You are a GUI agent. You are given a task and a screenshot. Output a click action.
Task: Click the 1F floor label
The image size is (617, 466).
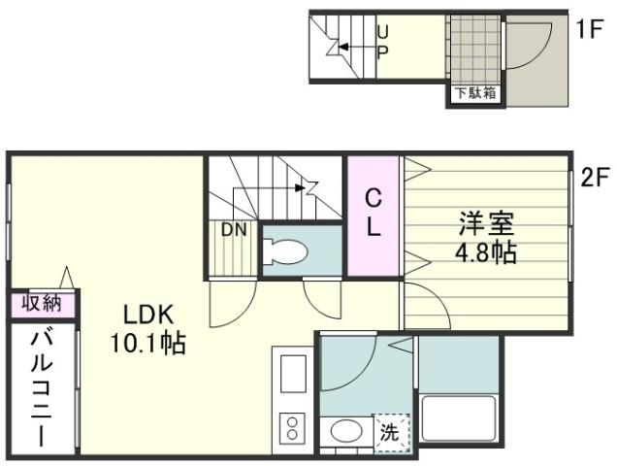click(x=589, y=29)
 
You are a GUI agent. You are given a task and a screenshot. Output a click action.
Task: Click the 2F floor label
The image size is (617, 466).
click(x=594, y=179)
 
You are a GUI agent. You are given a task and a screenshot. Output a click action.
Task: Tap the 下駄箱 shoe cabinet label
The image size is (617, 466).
click(x=475, y=93)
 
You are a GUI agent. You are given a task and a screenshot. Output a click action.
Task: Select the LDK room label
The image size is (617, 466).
click(x=146, y=316)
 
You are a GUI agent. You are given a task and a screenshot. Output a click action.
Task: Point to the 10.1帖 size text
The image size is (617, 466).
click(x=146, y=343)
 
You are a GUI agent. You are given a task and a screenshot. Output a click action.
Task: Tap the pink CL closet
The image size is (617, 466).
click(x=373, y=214)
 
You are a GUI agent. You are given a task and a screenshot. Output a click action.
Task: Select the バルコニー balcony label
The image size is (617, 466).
click(x=41, y=387)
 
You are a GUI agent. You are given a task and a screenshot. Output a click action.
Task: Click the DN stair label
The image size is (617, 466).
click(x=232, y=230)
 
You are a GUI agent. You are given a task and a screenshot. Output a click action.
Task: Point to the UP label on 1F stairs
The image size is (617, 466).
click(x=381, y=43)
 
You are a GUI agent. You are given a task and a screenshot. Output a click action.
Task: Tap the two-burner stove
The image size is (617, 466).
click(x=290, y=428)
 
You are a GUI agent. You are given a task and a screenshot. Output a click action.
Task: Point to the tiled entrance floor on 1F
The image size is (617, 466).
click(x=474, y=50)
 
